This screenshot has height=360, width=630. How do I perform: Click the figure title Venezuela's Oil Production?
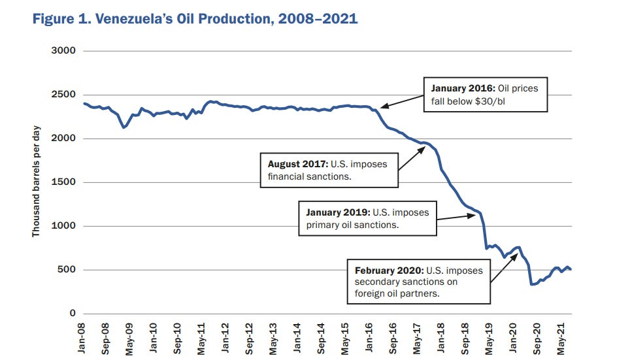[x=194, y=18]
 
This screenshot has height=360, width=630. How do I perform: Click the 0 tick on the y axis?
[x=73, y=314]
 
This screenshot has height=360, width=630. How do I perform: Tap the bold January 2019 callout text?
[x=339, y=212]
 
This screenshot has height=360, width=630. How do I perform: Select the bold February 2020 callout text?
[x=390, y=270]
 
